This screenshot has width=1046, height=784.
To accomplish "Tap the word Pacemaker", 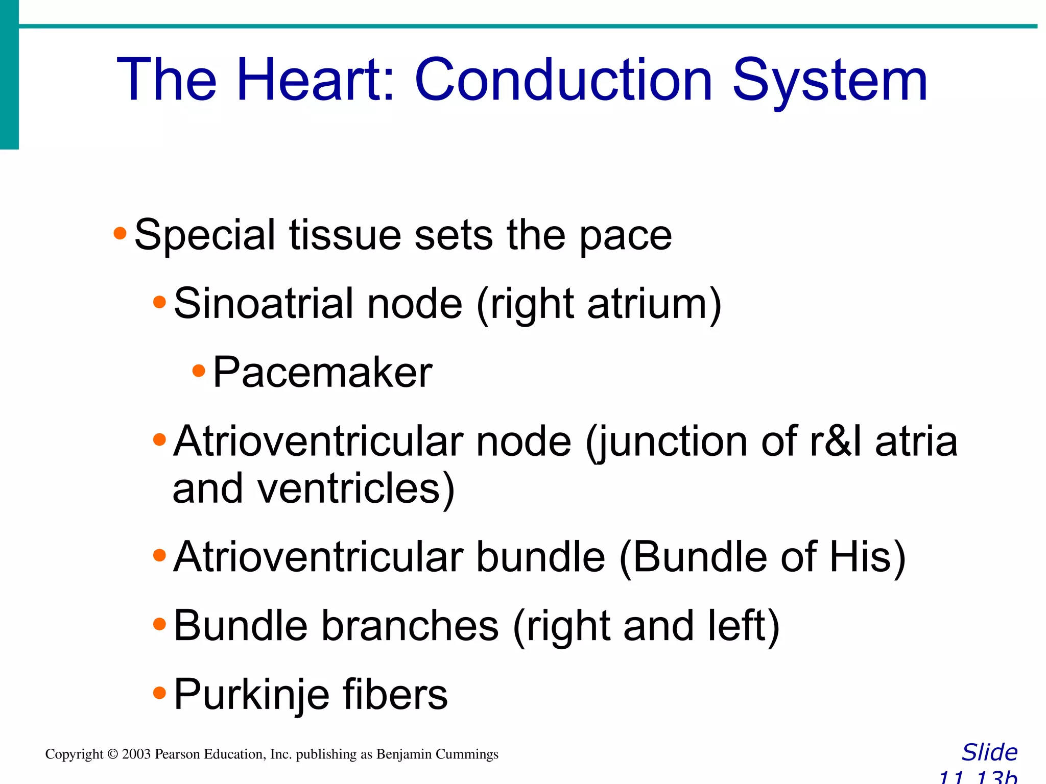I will tap(322, 373).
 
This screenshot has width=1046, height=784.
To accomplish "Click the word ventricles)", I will tap(355, 489).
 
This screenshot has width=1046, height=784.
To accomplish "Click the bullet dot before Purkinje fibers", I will tap(159, 693).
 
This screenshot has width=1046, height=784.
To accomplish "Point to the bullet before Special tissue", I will tap(120, 234).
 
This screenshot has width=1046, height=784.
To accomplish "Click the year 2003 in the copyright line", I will tap(136, 754).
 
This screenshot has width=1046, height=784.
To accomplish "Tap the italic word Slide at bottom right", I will tap(989, 752).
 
